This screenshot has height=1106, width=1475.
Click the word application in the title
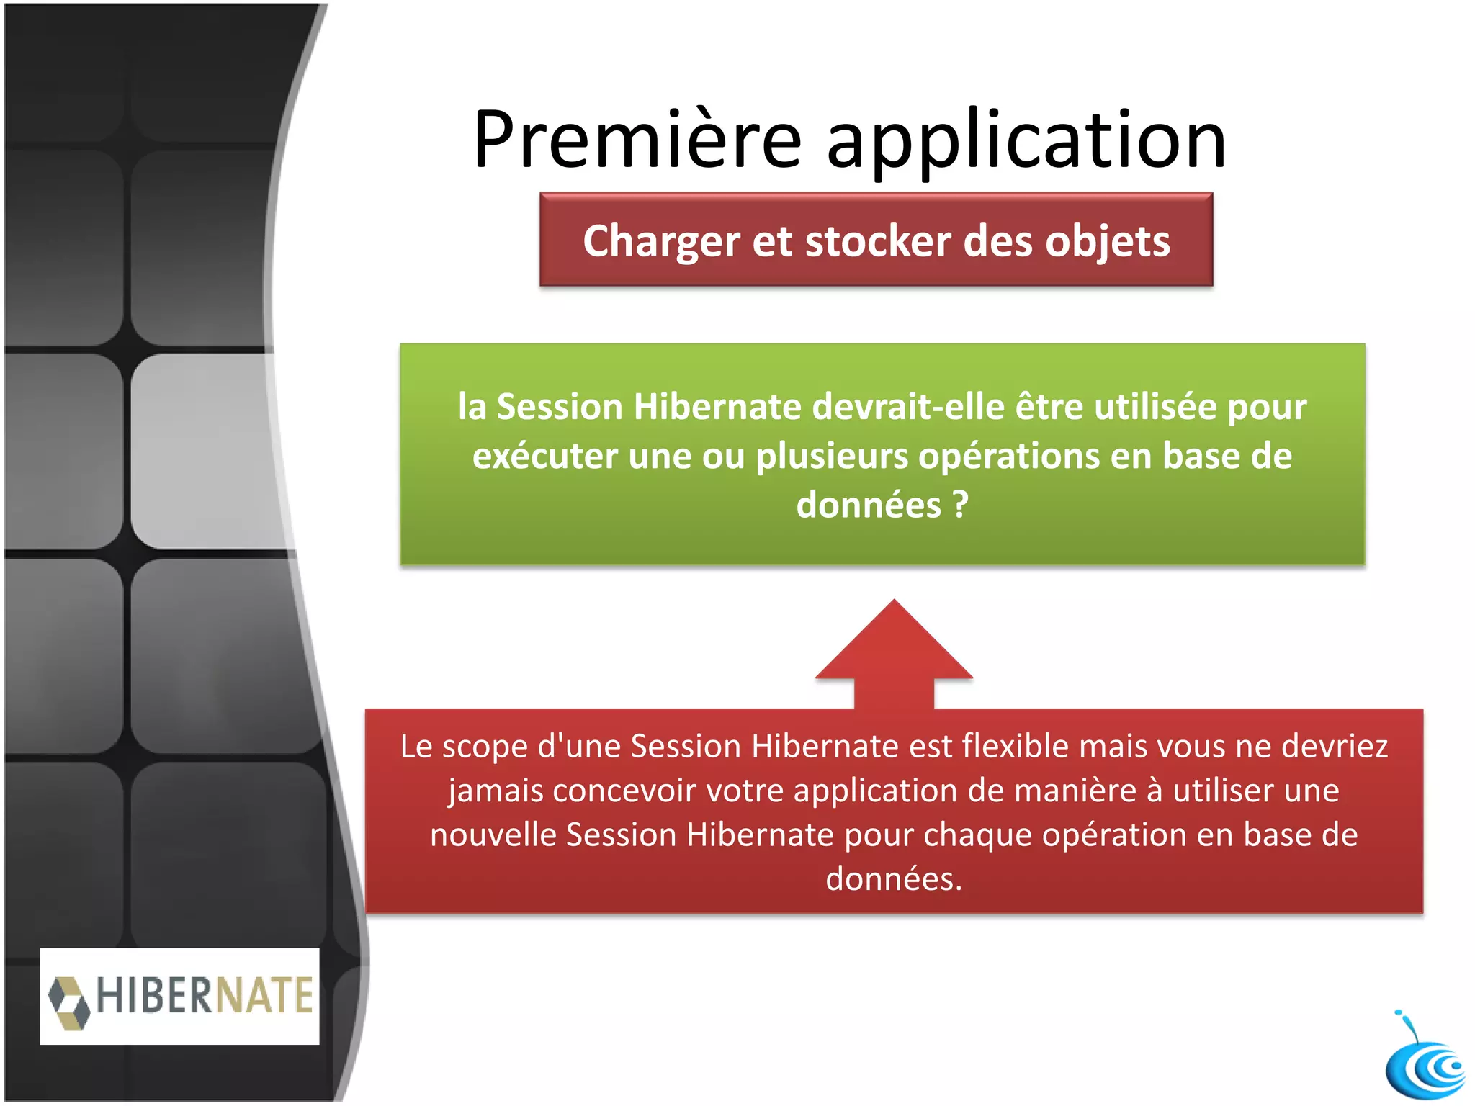(x=1026, y=141)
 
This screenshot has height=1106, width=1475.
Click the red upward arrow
(x=894, y=652)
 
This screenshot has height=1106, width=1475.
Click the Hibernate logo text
(x=205, y=996)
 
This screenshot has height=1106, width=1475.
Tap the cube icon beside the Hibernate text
(x=69, y=1002)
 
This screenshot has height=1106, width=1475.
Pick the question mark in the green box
(x=960, y=505)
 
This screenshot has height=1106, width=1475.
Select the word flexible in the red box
(x=1023, y=746)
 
